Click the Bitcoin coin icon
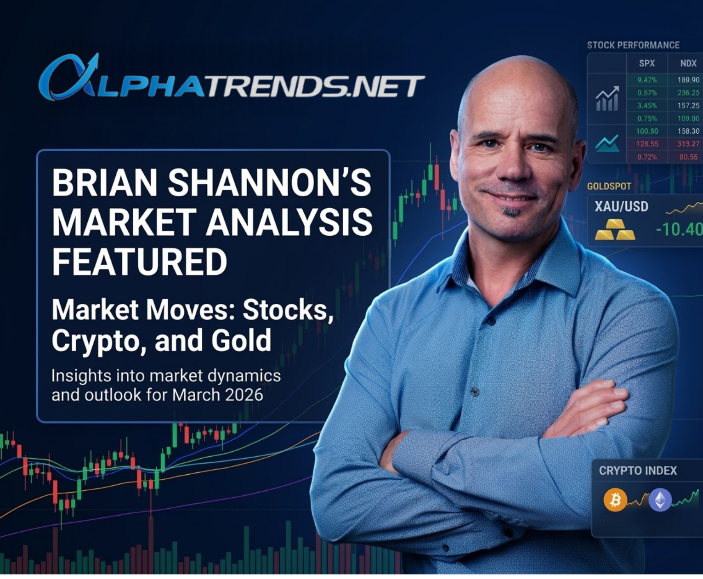pyautogui.click(x=615, y=500)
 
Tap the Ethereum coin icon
pyautogui.click(x=660, y=500)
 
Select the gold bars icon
pyautogui.click(x=615, y=230)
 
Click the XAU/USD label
pyautogui.click(x=621, y=206)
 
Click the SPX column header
pyautogui.click(x=647, y=63)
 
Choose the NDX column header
pyautogui.click(x=688, y=63)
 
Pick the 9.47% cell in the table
pyautogui.click(x=647, y=80)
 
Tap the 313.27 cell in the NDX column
pyautogui.click(x=688, y=144)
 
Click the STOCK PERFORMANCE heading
pyautogui.click(x=633, y=45)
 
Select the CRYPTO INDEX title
pyautogui.click(x=638, y=471)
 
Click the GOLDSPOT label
pyautogui.click(x=609, y=186)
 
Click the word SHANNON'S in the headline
pyautogui.click(x=269, y=182)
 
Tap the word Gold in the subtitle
pyautogui.click(x=241, y=340)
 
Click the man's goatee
pyautogui.click(x=512, y=212)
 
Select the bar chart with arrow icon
pyautogui.click(x=607, y=99)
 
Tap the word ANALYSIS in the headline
pyautogui.click(x=289, y=222)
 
